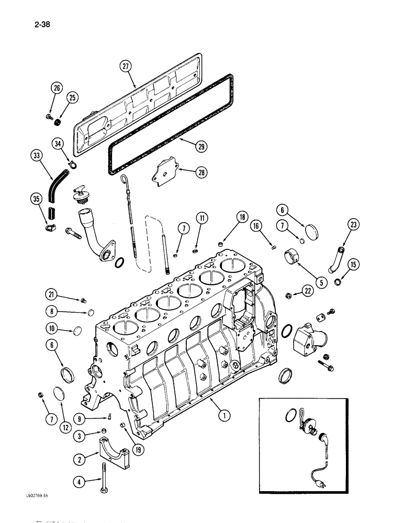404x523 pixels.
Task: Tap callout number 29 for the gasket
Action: pyautogui.click(x=187, y=147)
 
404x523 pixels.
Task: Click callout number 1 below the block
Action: pyautogui.click(x=223, y=416)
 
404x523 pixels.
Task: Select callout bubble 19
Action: pyautogui.click(x=138, y=431)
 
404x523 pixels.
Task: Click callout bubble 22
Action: pyautogui.click(x=308, y=294)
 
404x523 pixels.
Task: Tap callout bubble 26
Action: pyautogui.click(x=57, y=88)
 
